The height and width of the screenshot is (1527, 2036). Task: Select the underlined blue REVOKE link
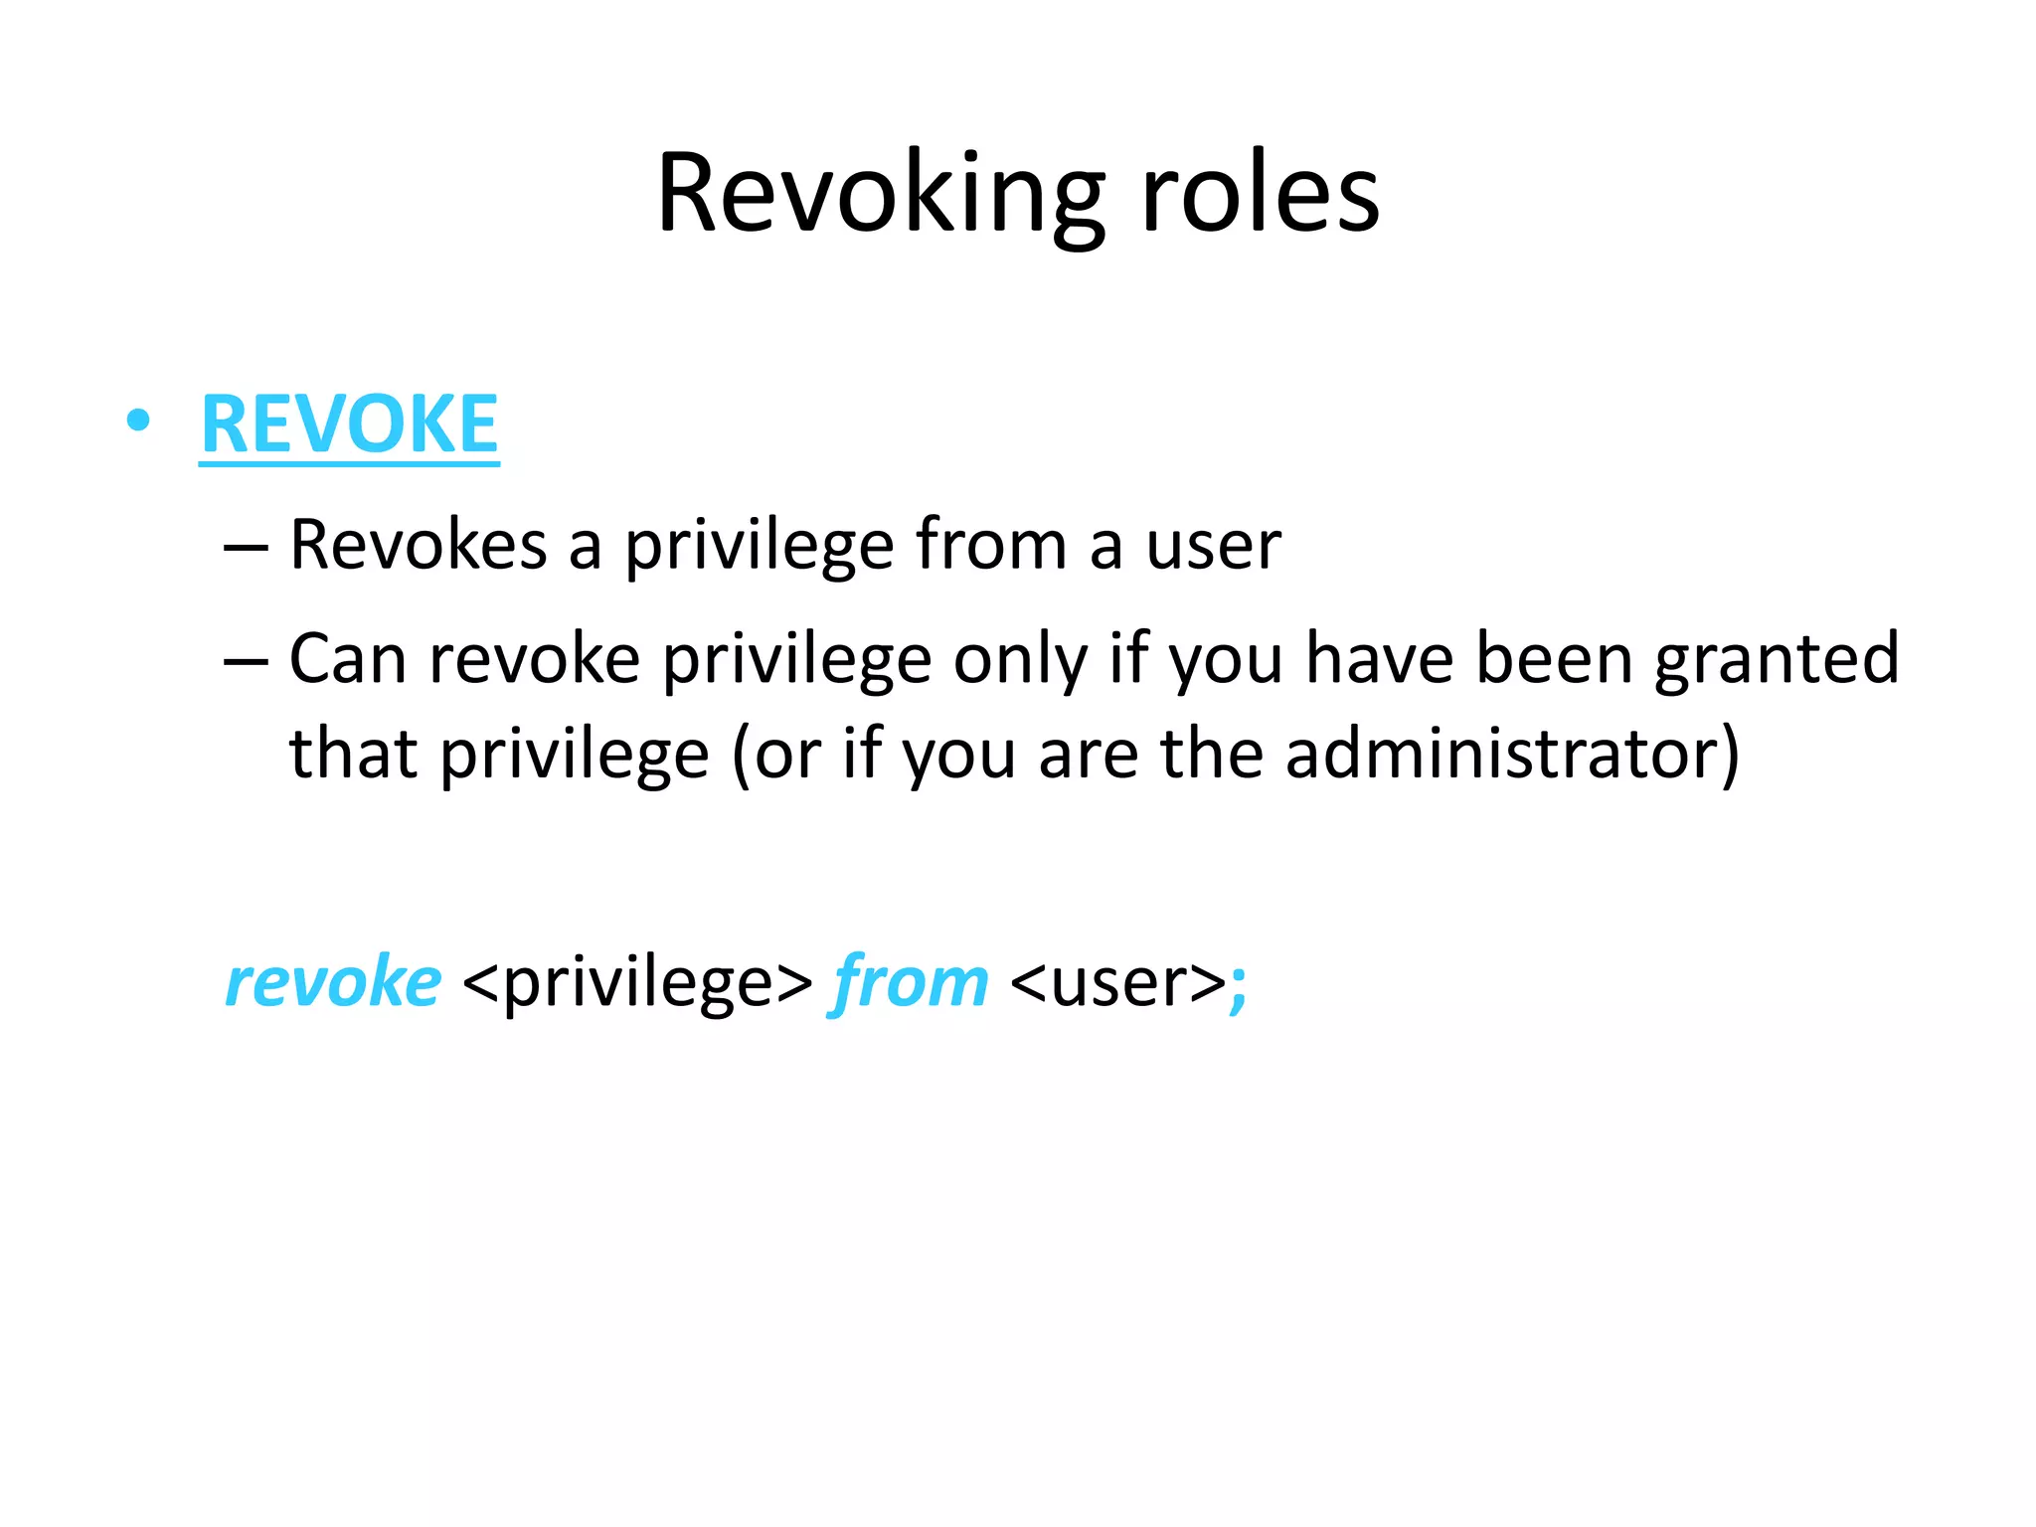[349, 424]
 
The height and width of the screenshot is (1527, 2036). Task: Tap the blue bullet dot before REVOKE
[138, 422]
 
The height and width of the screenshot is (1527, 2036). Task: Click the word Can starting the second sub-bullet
[347, 659]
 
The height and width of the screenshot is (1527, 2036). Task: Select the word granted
[1777, 659]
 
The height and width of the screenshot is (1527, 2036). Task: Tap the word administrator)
[1511, 754]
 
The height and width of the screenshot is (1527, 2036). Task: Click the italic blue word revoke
[333, 982]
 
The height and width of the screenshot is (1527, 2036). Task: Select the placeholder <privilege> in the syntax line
[637, 982]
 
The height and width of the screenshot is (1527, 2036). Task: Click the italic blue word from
[909, 982]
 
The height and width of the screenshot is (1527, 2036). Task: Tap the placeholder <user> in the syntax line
[1117, 982]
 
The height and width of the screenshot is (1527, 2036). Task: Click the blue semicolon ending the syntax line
[1239, 986]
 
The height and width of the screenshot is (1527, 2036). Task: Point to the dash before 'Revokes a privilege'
[246, 548]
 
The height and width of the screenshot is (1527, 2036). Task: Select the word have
[1379, 659]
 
